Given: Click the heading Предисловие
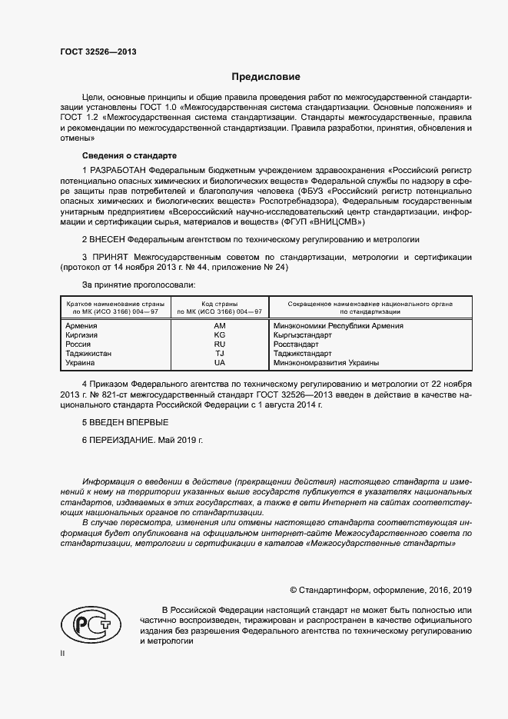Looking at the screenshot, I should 267,77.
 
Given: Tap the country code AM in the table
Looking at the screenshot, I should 220,326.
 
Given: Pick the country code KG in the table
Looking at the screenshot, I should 220,335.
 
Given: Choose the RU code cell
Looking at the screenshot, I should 220,345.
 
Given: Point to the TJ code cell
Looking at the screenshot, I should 220,354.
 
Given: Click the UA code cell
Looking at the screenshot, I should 220,363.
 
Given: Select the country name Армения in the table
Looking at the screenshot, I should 82,326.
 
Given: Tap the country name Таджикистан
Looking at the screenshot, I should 89,354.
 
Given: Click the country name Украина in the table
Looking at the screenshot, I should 81,363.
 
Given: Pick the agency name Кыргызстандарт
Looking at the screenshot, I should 302,335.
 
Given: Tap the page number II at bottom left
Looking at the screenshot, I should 62,653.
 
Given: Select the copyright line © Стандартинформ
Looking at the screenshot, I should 380,590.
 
